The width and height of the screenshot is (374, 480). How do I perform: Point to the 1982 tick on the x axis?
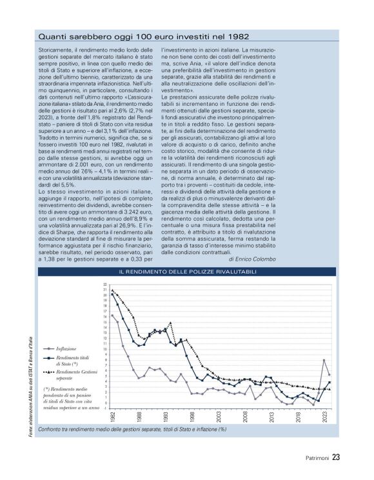tap(113, 417)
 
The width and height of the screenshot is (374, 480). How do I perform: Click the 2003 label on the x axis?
tap(219, 417)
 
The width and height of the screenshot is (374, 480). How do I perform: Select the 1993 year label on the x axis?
tap(166, 417)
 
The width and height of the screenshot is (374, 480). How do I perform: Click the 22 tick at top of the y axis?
tap(104, 285)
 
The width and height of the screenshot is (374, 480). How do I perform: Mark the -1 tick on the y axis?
tap(104, 408)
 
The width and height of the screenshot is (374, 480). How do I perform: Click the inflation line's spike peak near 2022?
tap(323, 360)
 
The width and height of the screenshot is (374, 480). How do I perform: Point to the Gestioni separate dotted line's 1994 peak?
tap(170, 323)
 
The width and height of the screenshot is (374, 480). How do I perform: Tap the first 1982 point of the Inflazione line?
tap(112, 315)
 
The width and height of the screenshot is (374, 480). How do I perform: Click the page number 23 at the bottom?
tap(336, 459)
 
